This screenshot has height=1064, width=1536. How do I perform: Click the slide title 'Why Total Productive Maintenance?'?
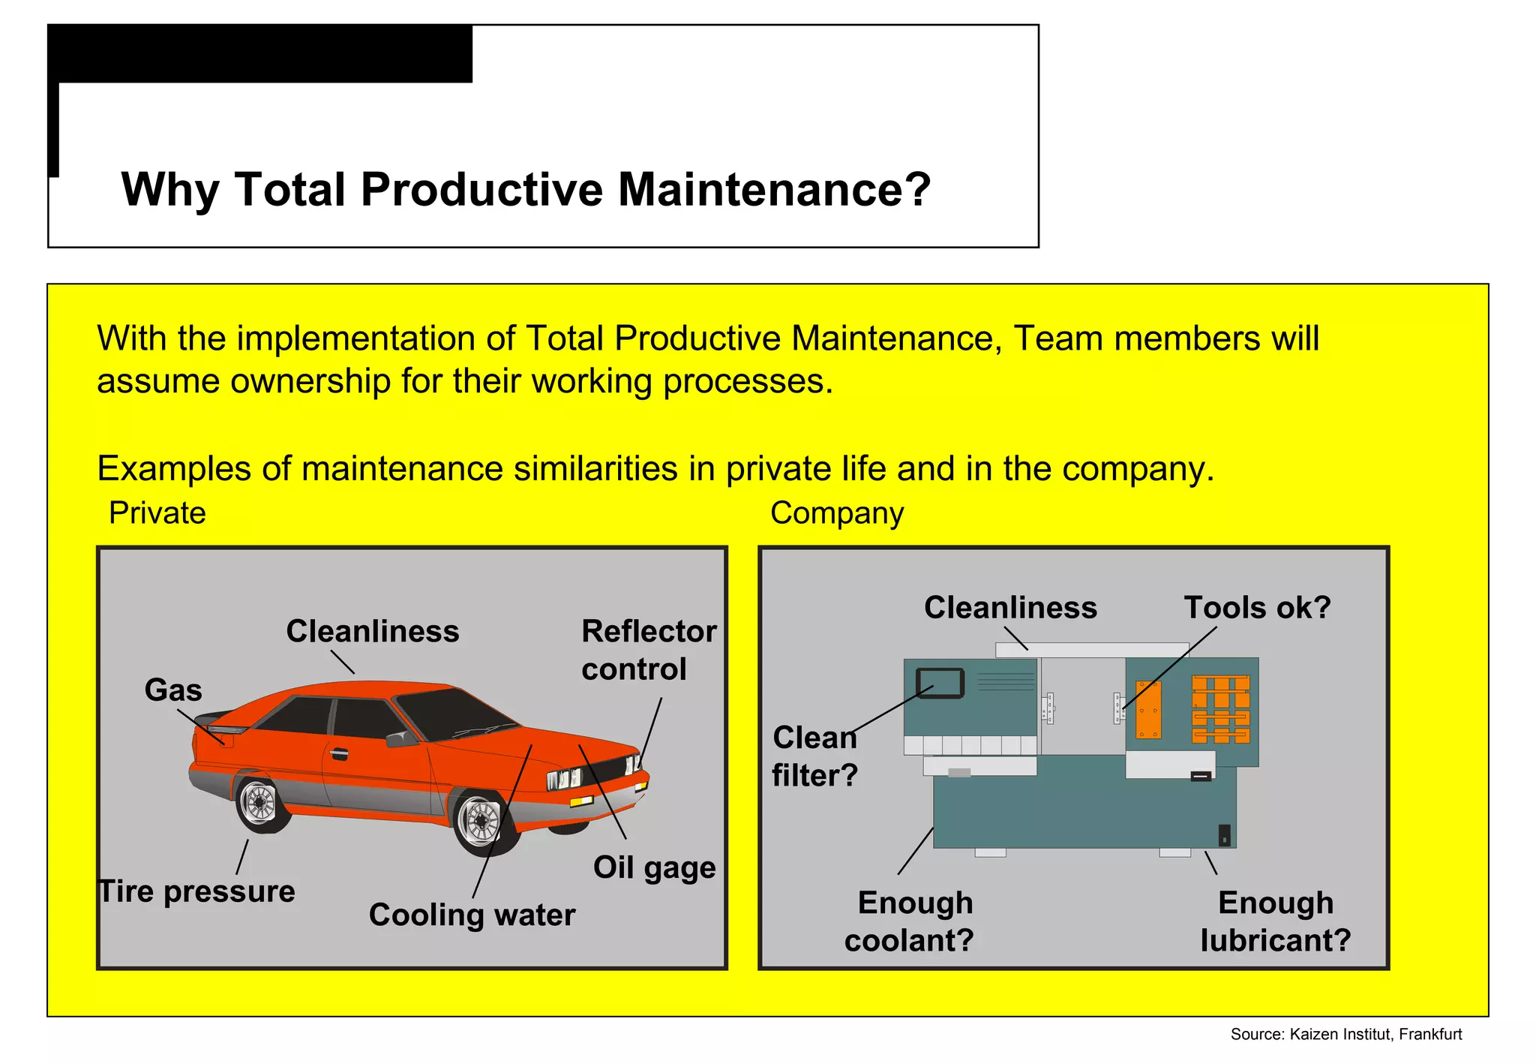click(526, 189)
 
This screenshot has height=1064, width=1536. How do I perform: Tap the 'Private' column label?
click(157, 513)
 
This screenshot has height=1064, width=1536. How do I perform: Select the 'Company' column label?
click(836, 513)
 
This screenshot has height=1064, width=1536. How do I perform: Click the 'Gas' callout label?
click(173, 690)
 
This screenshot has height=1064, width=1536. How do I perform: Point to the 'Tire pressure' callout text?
click(198, 891)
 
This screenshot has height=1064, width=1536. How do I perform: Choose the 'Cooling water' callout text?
click(472, 915)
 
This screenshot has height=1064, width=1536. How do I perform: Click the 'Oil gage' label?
click(654, 867)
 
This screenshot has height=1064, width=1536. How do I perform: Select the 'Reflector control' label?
click(648, 650)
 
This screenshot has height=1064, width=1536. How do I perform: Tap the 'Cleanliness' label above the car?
click(372, 631)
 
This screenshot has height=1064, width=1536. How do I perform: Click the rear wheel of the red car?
click(259, 803)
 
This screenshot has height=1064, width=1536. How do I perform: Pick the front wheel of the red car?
click(481, 821)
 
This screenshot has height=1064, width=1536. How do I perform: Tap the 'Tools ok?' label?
click(1257, 607)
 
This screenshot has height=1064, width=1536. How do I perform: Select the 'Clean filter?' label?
click(814, 756)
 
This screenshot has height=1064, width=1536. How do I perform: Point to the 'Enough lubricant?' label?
click(1275, 921)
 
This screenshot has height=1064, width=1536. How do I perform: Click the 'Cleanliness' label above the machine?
click(1010, 607)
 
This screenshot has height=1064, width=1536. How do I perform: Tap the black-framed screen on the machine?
click(940, 683)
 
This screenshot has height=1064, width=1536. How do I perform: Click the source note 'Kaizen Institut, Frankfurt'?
click(1346, 1035)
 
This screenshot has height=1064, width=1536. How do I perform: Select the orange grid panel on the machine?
click(1221, 709)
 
